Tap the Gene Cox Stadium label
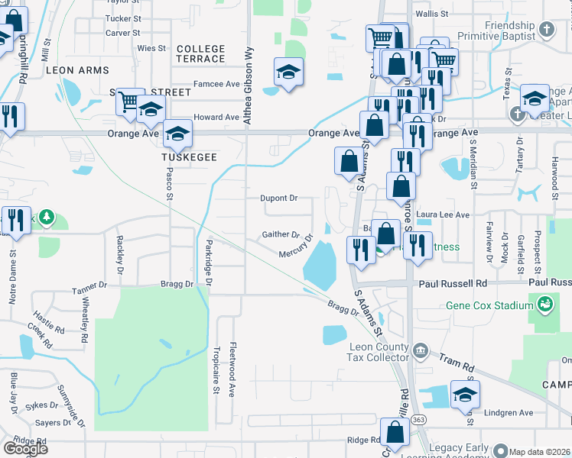coord(489,305)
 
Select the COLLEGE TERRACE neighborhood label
coord(200,53)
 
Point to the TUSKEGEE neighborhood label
coord(189,156)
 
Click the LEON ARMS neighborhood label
coord(76,70)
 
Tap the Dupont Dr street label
coord(278,198)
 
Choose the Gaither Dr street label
coord(280,234)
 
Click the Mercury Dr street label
coord(296,247)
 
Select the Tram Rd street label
coord(452,360)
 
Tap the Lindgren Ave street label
coord(510,413)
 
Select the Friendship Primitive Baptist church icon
coord(546,30)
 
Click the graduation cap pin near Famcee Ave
coord(288,73)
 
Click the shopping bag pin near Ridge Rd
coord(395,433)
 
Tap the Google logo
coord(25,448)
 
